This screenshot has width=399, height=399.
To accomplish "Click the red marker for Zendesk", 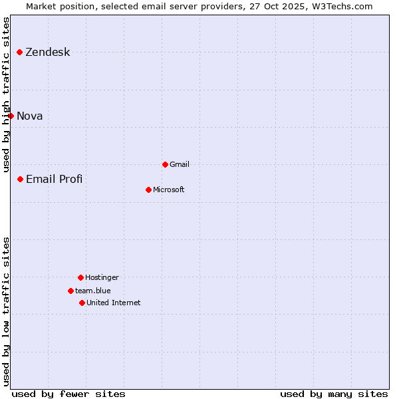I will (x=20, y=52).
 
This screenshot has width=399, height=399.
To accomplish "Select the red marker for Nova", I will (x=11, y=116).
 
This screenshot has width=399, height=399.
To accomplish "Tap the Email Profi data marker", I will (x=21, y=179).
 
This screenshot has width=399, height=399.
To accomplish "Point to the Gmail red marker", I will (x=165, y=164).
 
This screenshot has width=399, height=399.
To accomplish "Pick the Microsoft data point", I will (x=148, y=190).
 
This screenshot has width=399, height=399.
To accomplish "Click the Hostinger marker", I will (x=80, y=277).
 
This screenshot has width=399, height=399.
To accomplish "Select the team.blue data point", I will (x=70, y=291).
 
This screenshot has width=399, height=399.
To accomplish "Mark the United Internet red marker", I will (x=82, y=303).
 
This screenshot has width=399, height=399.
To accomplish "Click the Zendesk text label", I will (x=47, y=53).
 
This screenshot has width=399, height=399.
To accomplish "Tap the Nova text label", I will (x=30, y=116).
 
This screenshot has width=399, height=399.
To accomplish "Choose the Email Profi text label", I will (x=54, y=180).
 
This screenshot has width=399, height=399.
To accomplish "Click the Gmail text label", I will (x=180, y=165).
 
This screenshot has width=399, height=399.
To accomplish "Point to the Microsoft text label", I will (x=169, y=190).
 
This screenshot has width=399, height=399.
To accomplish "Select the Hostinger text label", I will (x=102, y=278).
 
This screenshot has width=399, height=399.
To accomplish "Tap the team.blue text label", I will (x=93, y=291).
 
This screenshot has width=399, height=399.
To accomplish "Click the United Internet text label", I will (x=114, y=303).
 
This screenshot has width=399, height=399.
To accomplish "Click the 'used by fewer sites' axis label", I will (x=68, y=394).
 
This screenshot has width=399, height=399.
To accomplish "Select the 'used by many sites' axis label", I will (x=334, y=394).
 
